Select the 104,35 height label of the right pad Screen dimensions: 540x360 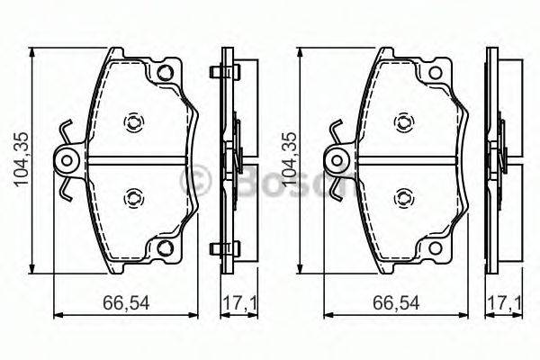click(289, 160)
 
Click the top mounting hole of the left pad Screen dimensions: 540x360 click(165, 73)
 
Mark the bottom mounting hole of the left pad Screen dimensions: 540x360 click(165, 248)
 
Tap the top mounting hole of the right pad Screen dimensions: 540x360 click(436, 73)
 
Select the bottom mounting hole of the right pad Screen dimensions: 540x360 click(436, 248)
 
